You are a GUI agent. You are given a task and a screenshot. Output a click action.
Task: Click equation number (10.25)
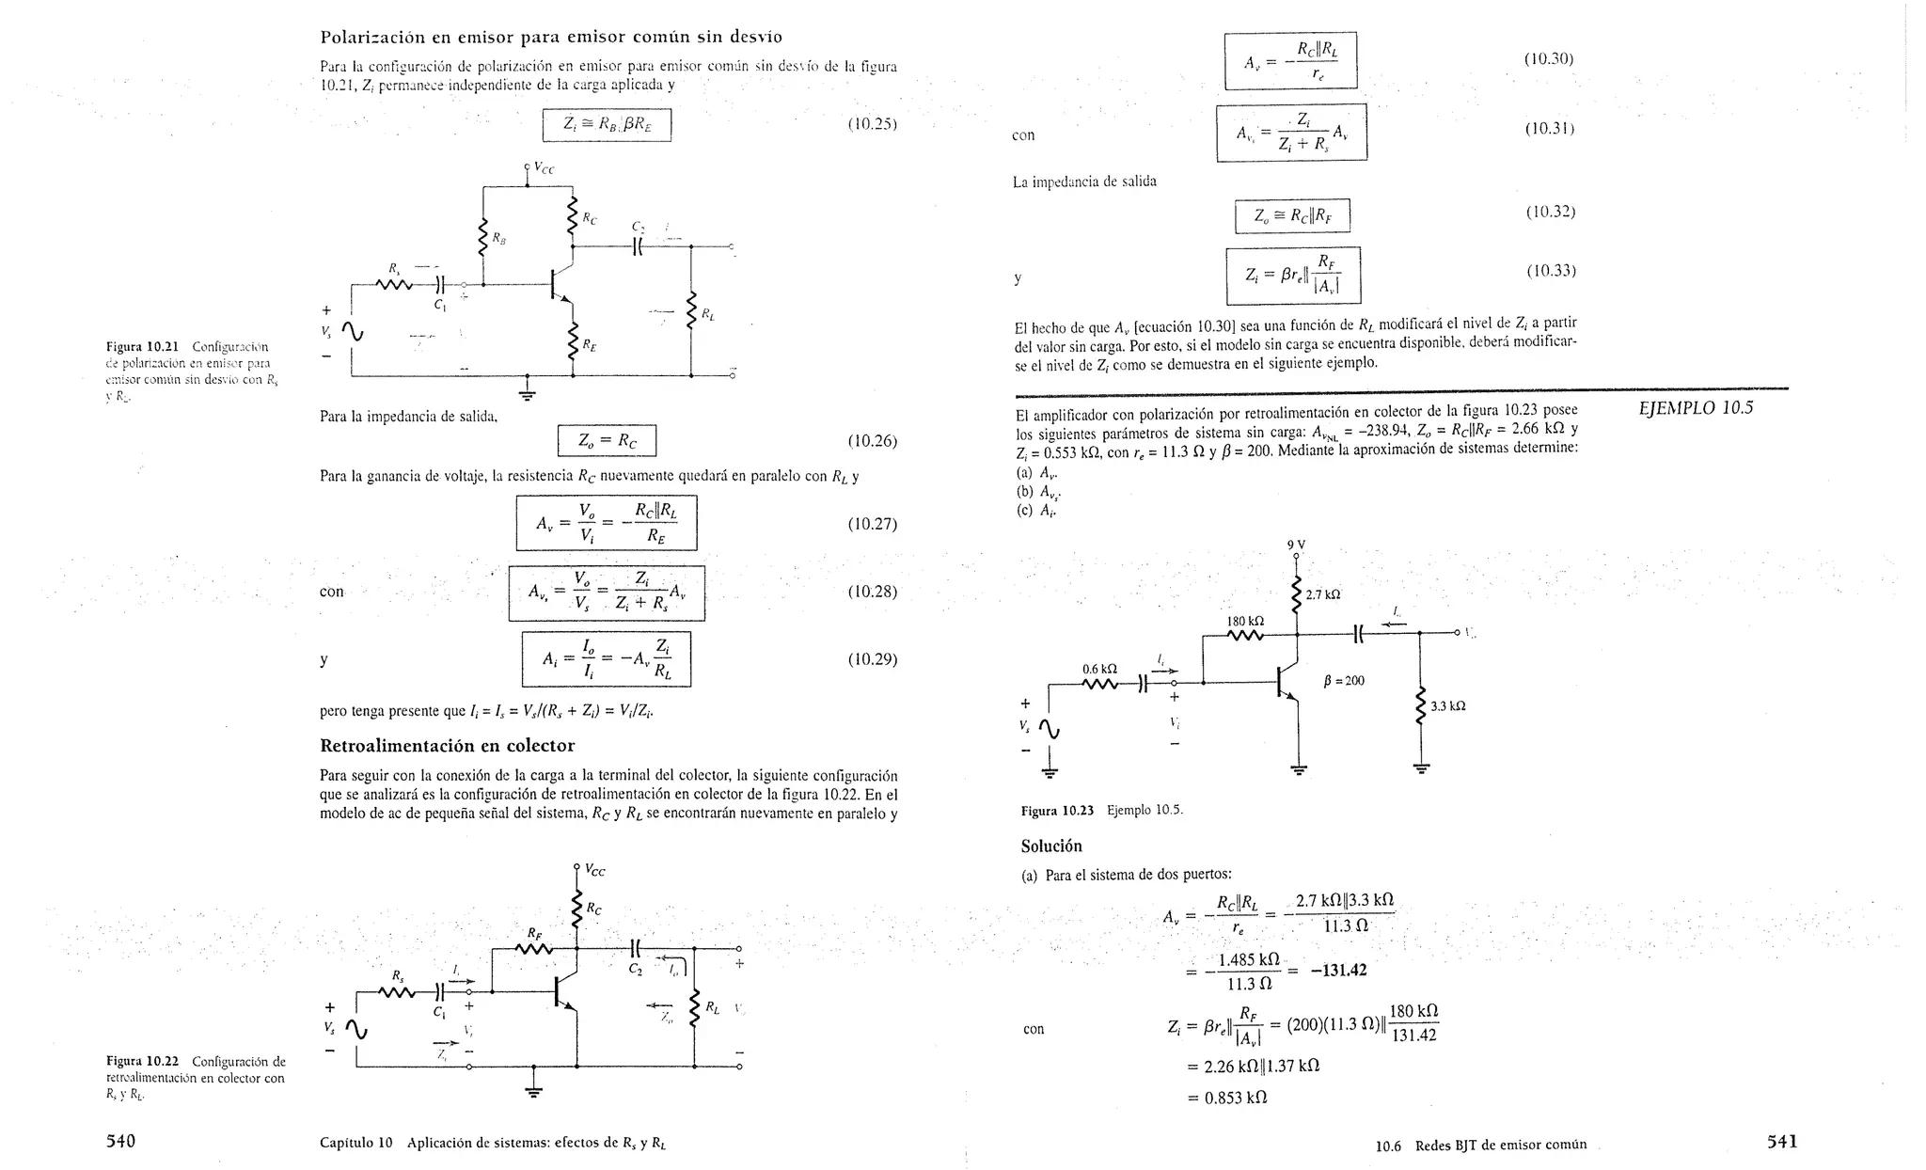click(872, 124)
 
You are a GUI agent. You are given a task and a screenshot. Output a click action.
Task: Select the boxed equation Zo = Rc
click(607, 440)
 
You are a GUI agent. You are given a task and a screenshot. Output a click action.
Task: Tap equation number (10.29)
click(872, 659)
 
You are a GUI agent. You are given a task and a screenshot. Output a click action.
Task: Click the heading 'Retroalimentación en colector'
click(447, 746)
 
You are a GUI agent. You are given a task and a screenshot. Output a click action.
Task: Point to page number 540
click(120, 1141)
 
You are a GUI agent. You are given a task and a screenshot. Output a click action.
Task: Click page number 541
click(1782, 1142)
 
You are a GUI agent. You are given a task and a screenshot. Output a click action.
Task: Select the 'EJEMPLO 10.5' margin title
click(1696, 408)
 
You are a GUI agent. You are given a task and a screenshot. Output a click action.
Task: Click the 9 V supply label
click(1296, 545)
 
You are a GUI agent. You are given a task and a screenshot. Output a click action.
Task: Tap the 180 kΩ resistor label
click(1245, 621)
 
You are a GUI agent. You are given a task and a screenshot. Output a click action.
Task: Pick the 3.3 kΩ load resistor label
click(1448, 705)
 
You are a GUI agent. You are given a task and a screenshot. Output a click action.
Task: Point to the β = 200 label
click(1343, 680)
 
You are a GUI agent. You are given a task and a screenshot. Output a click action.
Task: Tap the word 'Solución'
click(1051, 846)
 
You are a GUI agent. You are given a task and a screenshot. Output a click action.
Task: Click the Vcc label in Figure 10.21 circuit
click(544, 168)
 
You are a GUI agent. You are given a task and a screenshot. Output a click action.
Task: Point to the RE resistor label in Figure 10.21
click(589, 346)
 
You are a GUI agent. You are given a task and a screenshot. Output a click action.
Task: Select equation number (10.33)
click(1550, 272)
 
